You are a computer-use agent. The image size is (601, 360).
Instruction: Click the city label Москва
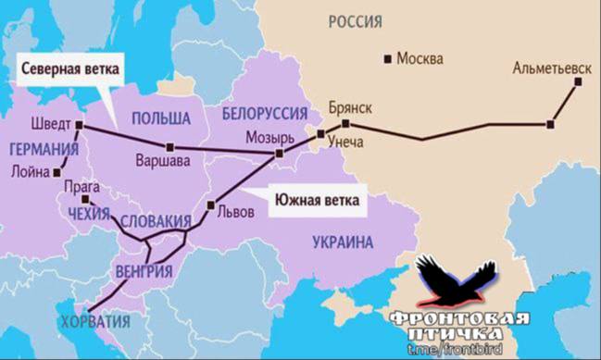point(419,59)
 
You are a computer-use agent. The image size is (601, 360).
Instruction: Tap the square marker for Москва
point(388,59)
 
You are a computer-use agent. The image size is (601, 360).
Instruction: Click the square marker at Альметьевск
point(579,81)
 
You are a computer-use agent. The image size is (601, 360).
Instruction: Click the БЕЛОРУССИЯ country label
point(265,112)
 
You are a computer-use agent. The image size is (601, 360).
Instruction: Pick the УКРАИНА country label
point(342,242)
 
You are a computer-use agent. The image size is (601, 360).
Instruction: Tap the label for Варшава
point(163,160)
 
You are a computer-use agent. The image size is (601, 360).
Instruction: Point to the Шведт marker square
point(79,125)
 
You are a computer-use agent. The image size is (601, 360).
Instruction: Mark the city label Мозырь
point(269,138)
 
